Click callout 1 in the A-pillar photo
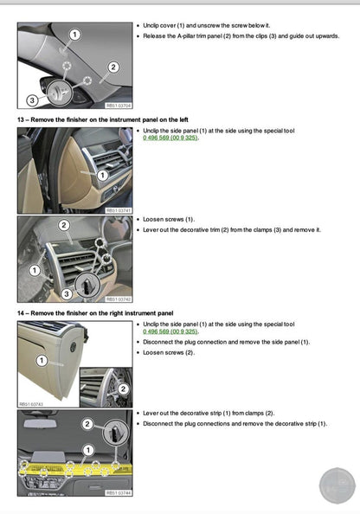[x=74, y=35]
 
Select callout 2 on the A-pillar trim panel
[x=113, y=67]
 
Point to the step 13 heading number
[x=22, y=118]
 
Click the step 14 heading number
[x=22, y=312]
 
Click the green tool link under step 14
[x=170, y=331]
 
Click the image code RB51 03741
[x=118, y=209]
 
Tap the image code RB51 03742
[x=118, y=299]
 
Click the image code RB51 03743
[x=31, y=403]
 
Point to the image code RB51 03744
[x=118, y=492]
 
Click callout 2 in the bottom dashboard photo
[x=87, y=424]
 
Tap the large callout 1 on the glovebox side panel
[x=41, y=359]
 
